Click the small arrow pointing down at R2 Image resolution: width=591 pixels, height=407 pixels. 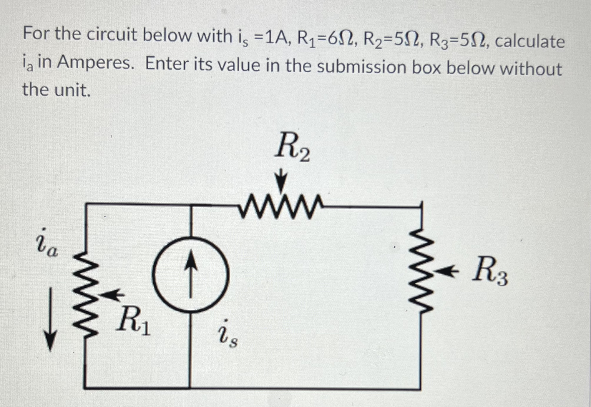coord(282,179)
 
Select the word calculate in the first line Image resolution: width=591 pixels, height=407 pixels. coord(530,41)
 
